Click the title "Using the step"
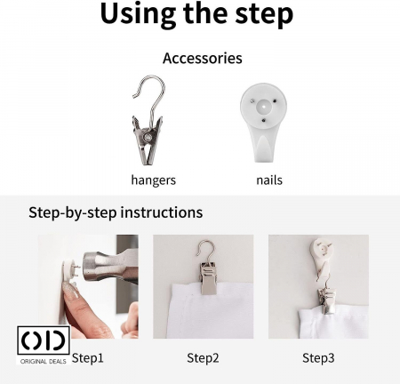pyautogui.click(x=196, y=14)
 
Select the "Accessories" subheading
pyautogui.click(x=203, y=58)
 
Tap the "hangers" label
pyautogui.click(x=154, y=180)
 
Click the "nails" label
pyautogui.click(x=269, y=180)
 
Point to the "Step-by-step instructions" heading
pyautogui.click(x=116, y=212)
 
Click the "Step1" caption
pyautogui.click(x=88, y=358)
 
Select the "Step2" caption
pyautogui.click(x=203, y=358)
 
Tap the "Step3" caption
pyautogui.click(x=318, y=358)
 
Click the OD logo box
pyautogui.click(x=44, y=340)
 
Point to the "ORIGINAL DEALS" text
pyautogui.click(x=44, y=361)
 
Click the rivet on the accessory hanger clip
pyautogui.click(x=147, y=137)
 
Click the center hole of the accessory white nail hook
pyautogui.click(x=263, y=106)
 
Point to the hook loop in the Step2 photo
pyautogui.click(x=204, y=249)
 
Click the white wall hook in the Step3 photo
pyautogui.click(x=322, y=256)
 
